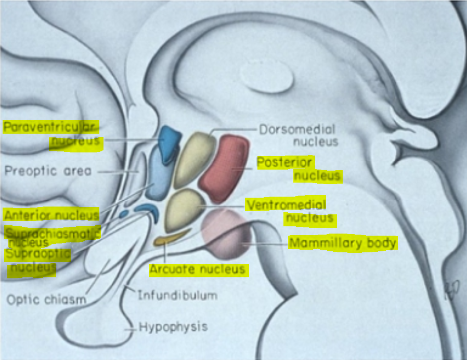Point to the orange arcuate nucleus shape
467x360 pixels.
pos(167,239)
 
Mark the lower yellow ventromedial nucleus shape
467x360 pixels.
pos(184,209)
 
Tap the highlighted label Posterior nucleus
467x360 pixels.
pos(299,170)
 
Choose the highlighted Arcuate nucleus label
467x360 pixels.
pos(197,269)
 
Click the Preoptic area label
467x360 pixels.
pos(48,171)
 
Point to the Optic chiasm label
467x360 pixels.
pos(46,300)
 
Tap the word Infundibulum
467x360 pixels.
pos(177,295)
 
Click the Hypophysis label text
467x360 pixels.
pos(173,327)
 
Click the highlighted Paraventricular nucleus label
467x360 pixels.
pos(52,134)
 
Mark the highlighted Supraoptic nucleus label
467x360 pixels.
pos(36,261)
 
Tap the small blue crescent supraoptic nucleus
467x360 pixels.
pos(147,210)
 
